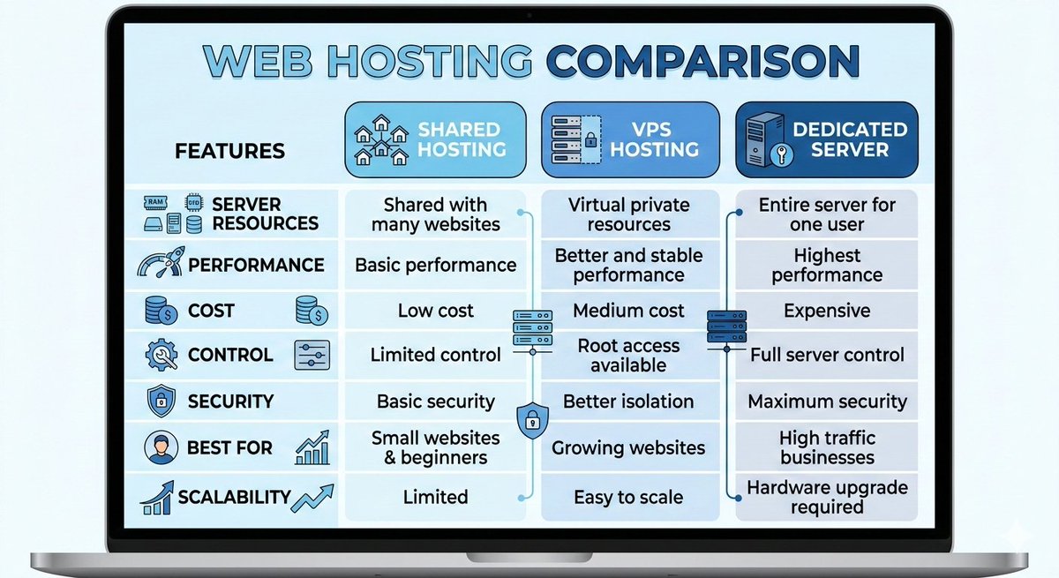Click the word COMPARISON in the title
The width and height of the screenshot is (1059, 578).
pyautogui.click(x=702, y=62)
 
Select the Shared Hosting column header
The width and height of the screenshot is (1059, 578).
pyautogui.click(x=434, y=139)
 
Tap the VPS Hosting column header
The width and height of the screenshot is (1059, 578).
pyautogui.click(x=629, y=139)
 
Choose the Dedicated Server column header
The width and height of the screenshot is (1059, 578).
pyautogui.click(x=827, y=139)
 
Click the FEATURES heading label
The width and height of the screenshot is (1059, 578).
pyautogui.click(x=229, y=151)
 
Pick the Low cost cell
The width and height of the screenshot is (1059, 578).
pyautogui.click(x=435, y=311)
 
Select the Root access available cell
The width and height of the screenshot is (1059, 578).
pyautogui.click(x=628, y=355)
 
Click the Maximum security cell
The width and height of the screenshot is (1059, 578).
pyautogui.click(x=827, y=402)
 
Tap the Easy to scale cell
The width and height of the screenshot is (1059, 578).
pyautogui.click(x=628, y=498)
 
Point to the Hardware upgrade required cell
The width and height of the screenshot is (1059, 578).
pyautogui.click(x=827, y=498)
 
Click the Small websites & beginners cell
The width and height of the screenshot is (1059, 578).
pyautogui.click(x=435, y=447)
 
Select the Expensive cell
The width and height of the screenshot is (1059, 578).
pyautogui.click(x=827, y=311)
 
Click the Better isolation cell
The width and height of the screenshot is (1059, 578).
pyautogui.click(x=628, y=402)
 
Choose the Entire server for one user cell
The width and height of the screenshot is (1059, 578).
pyautogui.click(x=827, y=214)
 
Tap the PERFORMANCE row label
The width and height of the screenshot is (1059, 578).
pyautogui.click(x=256, y=265)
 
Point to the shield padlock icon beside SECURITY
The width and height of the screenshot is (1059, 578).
pyautogui.click(x=160, y=402)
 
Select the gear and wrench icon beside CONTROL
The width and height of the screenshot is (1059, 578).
pyautogui.click(x=160, y=355)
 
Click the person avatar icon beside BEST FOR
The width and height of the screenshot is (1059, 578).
pyautogui.click(x=160, y=448)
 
